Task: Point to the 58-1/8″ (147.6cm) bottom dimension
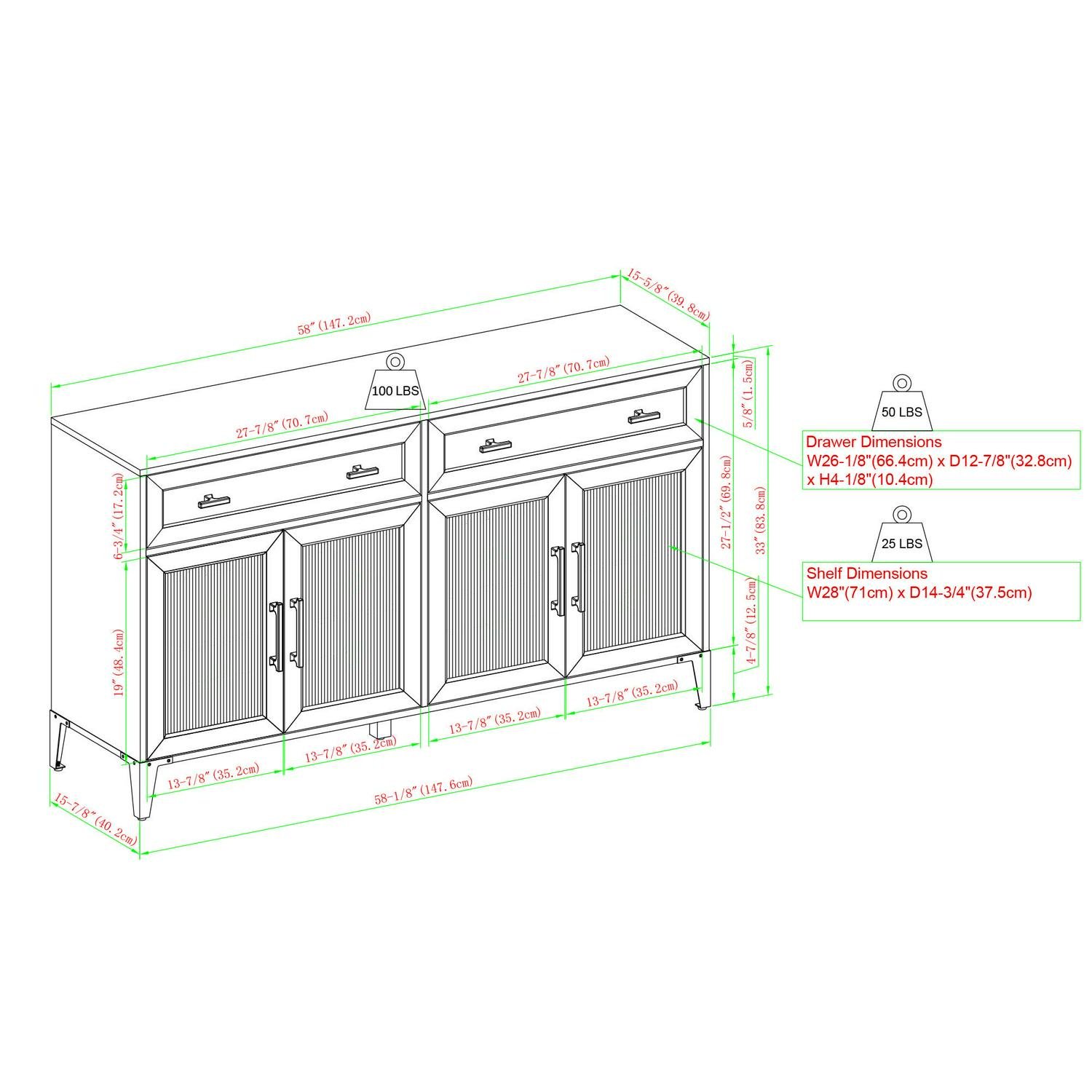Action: (x=424, y=790)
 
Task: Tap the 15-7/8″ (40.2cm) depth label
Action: (x=94, y=819)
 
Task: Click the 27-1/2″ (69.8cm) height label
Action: (x=726, y=502)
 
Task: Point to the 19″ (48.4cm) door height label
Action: (x=119, y=662)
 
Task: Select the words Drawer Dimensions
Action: (x=874, y=442)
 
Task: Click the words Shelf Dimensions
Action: (x=867, y=574)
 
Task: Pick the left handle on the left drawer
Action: (x=214, y=501)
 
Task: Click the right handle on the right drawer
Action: (x=644, y=416)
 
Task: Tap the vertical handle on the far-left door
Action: (x=276, y=636)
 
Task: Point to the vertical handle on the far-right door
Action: (x=578, y=577)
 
